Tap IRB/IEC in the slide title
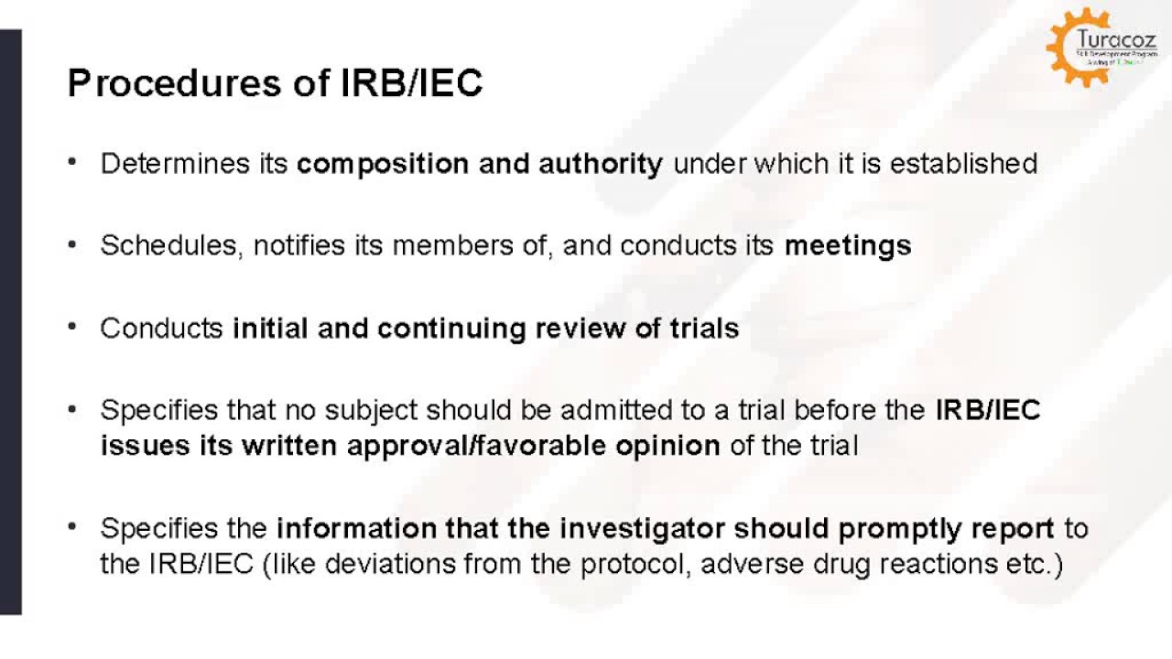[x=411, y=84]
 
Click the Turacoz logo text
[x=1114, y=41]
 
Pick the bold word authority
[x=601, y=164]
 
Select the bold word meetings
[x=848, y=245]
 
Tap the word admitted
[x=572, y=410]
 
